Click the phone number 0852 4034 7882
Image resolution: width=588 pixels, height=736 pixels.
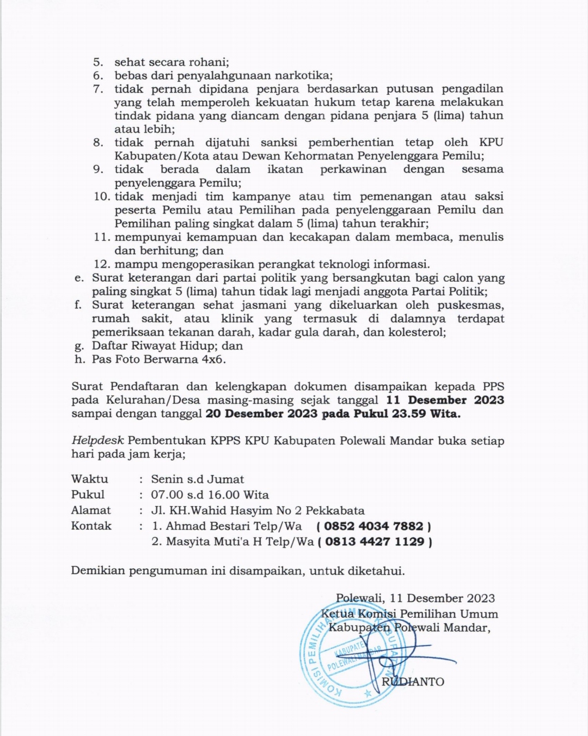(373, 526)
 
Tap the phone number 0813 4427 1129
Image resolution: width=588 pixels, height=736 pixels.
(375, 542)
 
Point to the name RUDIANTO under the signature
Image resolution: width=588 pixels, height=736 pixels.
(413, 682)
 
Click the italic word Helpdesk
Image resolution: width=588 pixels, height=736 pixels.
(97, 441)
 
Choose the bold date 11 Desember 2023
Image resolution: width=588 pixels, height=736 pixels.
(445, 400)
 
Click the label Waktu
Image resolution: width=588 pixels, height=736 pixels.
(89, 479)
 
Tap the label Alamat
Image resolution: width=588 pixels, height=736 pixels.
(90, 510)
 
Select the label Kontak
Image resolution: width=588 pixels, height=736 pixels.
(91, 526)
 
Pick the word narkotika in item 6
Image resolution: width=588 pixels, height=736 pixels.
(304, 76)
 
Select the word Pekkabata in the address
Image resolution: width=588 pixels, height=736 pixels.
(335, 511)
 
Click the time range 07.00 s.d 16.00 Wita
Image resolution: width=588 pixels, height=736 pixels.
(210, 495)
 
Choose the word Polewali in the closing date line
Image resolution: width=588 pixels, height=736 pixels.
(359, 599)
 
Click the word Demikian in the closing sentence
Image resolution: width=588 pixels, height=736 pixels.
(97, 571)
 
